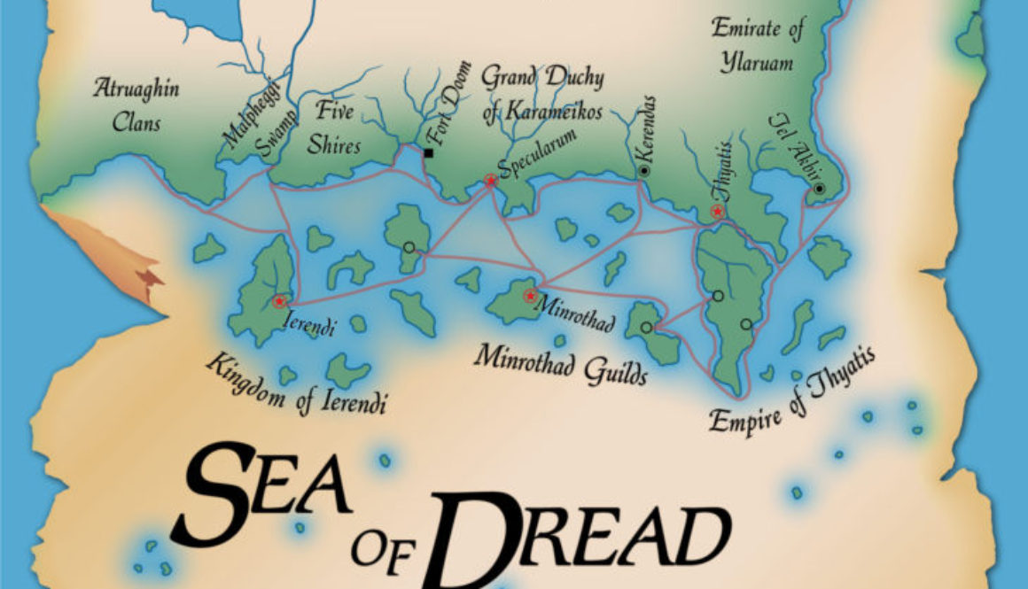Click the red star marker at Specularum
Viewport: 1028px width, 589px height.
[490, 181]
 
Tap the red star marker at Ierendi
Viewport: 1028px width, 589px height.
[280, 302]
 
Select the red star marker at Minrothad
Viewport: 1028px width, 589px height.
[530, 296]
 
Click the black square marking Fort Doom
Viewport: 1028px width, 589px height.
[429, 153]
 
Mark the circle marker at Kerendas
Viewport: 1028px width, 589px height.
[644, 170]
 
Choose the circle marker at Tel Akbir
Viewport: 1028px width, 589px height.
[820, 189]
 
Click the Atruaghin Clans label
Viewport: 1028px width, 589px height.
[136, 105]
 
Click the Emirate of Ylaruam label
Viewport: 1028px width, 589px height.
[757, 46]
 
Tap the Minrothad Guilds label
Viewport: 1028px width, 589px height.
[560, 363]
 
